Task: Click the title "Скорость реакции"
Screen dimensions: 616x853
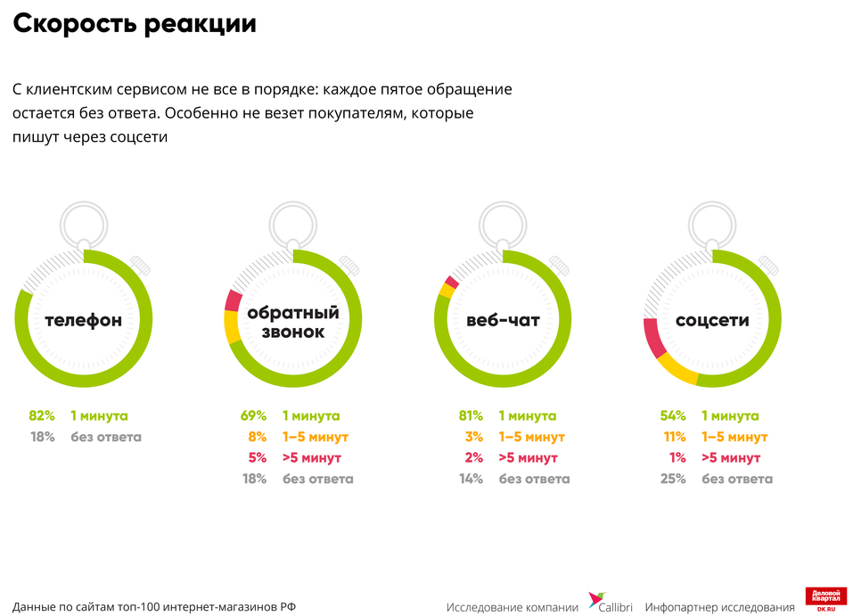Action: tap(135, 24)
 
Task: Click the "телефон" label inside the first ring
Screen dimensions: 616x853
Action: tap(83, 320)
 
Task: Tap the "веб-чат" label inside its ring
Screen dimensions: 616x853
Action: tap(503, 320)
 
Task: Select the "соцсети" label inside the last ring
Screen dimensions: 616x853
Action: tap(712, 320)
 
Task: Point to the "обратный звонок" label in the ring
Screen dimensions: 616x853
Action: tap(293, 323)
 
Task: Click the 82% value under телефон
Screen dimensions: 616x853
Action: tap(42, 415)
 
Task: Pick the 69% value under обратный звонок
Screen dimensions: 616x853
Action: tap(253, 415)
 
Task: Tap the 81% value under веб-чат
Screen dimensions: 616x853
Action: tap(470, 415)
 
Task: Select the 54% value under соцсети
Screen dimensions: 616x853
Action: tap(673, 415)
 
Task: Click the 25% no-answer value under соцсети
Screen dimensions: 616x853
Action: tap(673, 479)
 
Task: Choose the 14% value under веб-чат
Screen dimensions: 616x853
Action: tap(470, 479)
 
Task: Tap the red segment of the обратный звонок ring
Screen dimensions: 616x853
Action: tap(234, 300)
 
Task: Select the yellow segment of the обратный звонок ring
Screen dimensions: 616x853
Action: tap(231, 327)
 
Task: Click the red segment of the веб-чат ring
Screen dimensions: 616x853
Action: tap(452, 283)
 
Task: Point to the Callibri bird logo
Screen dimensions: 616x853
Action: tap(595, 601)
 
